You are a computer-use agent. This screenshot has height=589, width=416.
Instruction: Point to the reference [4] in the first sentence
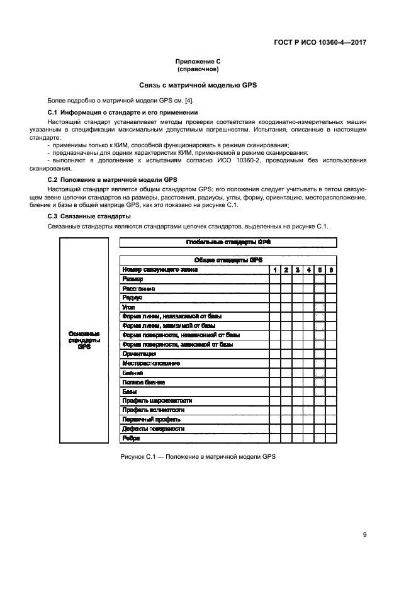coord(189,101)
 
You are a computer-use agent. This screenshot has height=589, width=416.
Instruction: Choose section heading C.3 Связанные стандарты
coord(89,216)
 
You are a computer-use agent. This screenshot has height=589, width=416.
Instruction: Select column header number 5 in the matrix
coord(320,269)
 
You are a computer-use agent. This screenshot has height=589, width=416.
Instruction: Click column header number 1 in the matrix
coord(274,269)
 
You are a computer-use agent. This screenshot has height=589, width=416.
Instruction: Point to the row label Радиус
coord(132,298)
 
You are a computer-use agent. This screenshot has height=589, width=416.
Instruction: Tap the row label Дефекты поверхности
coord(153,429)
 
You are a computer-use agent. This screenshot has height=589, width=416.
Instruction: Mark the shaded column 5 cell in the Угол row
coord(320,307)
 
